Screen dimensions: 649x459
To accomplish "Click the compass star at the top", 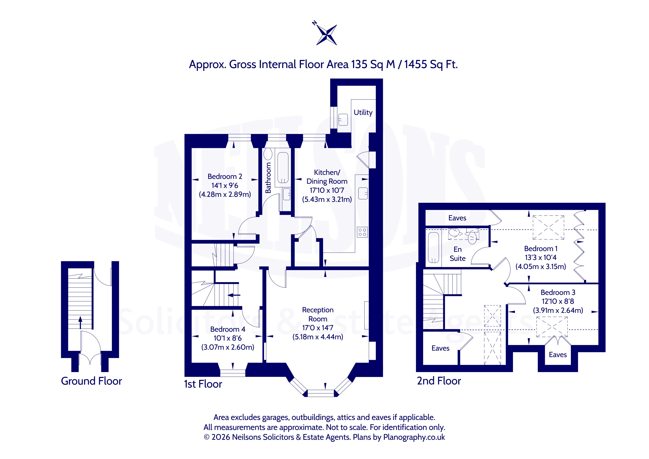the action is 326,34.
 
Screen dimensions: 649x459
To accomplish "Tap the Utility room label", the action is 363,112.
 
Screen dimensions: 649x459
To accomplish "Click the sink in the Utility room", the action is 343,120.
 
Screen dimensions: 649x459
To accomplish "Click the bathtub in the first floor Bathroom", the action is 283,168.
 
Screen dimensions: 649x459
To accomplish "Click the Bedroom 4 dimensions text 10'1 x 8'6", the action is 228,338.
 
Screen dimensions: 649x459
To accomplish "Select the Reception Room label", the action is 318,314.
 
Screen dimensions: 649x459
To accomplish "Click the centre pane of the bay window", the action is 321,394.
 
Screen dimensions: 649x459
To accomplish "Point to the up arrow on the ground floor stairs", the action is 80,322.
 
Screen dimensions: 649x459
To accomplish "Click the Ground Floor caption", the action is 91,381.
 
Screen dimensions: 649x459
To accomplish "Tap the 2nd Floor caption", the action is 439,381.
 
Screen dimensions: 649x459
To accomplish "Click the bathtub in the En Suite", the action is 433,248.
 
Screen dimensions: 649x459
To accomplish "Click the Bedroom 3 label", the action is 558,292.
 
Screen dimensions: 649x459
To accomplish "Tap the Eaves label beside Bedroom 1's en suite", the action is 457,218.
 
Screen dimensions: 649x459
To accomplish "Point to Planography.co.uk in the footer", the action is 414,437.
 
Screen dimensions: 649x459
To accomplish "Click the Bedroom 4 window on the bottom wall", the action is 233,373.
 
